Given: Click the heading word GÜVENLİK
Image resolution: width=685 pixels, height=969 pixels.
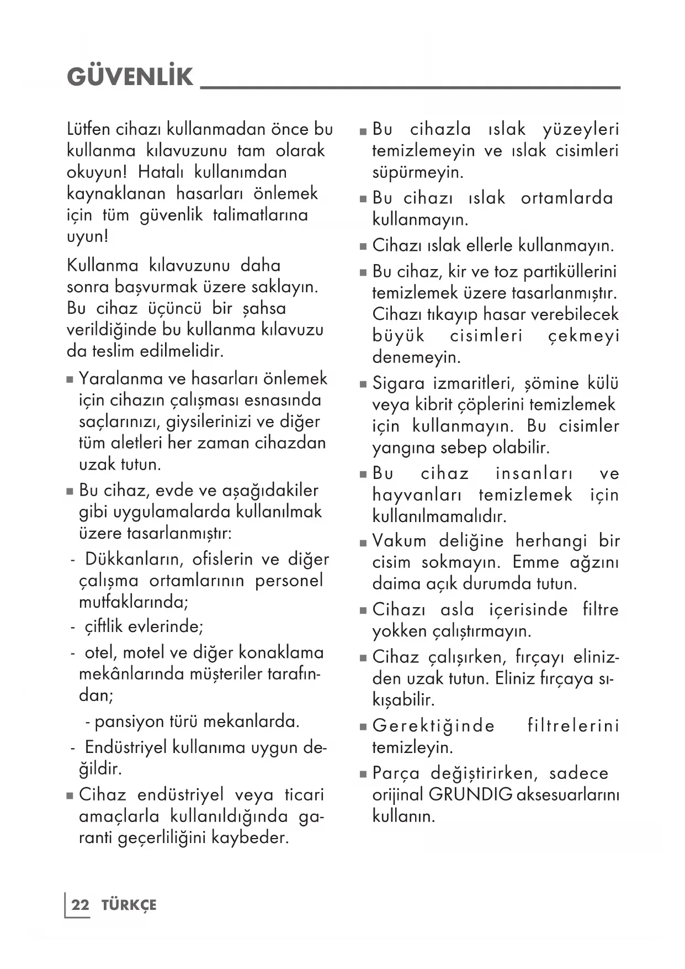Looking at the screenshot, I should click(130, 77).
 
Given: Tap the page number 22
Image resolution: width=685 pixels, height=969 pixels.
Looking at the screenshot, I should click(80, 905).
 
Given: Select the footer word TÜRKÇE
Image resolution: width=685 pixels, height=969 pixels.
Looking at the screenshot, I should click(129, 905).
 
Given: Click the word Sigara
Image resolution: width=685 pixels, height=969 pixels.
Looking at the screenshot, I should click(399, 383).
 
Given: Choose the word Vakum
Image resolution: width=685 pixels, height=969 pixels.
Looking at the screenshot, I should click(399, 540).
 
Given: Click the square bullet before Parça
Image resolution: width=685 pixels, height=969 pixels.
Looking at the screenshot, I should click(363, 775).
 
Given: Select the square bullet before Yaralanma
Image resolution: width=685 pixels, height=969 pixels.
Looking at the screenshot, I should click(70, 380).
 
